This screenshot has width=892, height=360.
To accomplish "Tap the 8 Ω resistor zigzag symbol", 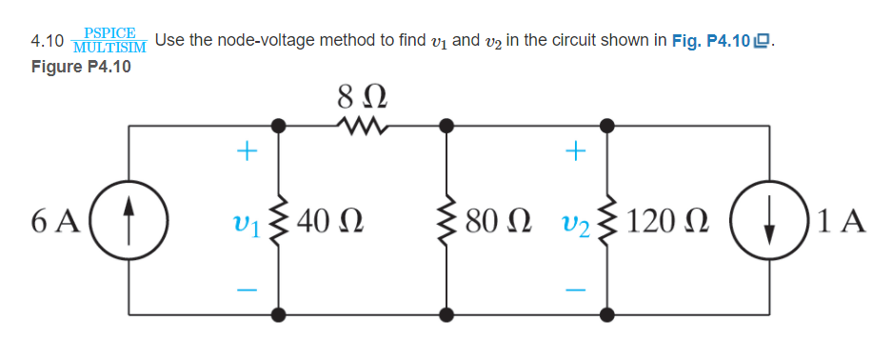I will point(360,125).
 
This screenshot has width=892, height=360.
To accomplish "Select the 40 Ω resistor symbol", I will point(279,220).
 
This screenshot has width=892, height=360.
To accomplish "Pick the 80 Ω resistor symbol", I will point(445,220).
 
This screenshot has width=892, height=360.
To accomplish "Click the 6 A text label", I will point(54,221).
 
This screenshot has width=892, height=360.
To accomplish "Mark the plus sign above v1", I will point(247,150).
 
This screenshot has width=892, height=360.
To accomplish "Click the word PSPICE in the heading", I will point(109,32).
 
